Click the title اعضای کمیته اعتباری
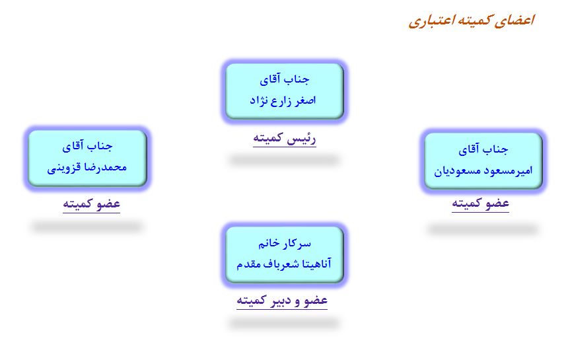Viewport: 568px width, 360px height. (x=472, y=20)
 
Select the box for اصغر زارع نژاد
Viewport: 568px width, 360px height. (x=285, y=91)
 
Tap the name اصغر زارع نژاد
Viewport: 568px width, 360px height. (x=283, y=100)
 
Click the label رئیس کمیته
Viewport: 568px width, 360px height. (x=285, y=138)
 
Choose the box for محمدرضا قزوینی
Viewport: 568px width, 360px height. (x=87, y=158)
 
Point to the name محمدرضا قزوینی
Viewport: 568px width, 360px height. (x=87, y=167)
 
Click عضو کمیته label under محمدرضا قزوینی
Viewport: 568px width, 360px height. (x=91, y=204)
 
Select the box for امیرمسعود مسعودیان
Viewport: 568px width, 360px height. (x=483, y=161)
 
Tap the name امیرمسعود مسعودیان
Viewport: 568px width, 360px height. (x=483, y=170)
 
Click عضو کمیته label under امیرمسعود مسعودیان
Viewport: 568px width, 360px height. (x=480, y=203)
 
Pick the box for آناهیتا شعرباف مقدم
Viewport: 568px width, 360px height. (x=285, y=254)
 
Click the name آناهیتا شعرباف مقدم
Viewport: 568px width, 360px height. (x=284, y=264)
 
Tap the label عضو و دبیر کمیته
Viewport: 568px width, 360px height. (x=282, y=301)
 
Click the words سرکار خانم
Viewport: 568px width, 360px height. (x=285, y=244)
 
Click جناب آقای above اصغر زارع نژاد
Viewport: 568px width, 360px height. (x=285, y=79)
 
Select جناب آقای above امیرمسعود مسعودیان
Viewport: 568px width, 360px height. (x=483, y=149)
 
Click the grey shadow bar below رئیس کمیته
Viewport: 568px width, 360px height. (x=285, y=160)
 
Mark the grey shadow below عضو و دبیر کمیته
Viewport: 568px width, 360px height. (x=285, y=323)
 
